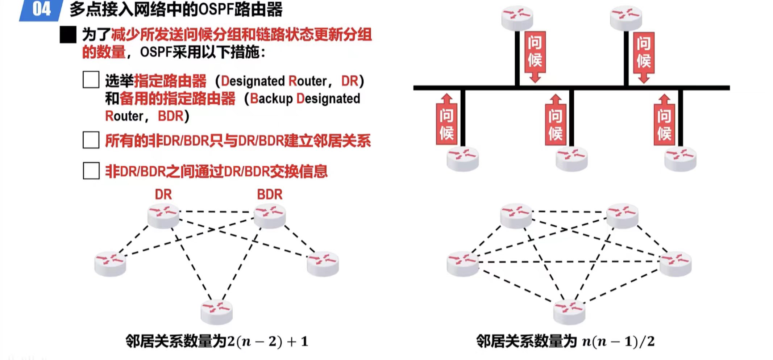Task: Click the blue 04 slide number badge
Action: (x=41, y=9)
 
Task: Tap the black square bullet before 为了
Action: (x=68, y=35)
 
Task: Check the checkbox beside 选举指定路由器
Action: (x=91, y=80)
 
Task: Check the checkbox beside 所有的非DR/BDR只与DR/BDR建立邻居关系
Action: (x=91, y=140)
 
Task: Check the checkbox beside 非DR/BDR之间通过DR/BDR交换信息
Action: (x=91, y=171)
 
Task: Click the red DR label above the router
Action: (x=163, y=194)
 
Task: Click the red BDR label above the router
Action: (x=269, y=194)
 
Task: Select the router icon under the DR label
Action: (x=163, y=216)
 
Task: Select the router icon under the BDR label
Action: (x=270, y=216)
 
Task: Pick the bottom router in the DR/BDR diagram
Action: (x=216, y=311)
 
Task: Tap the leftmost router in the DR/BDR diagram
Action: (x=110, y=263)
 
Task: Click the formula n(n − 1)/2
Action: (x=618, y=342)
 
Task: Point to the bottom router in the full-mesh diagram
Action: (x=569, y=312)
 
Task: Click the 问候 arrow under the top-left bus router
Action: (x=535, y=56)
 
